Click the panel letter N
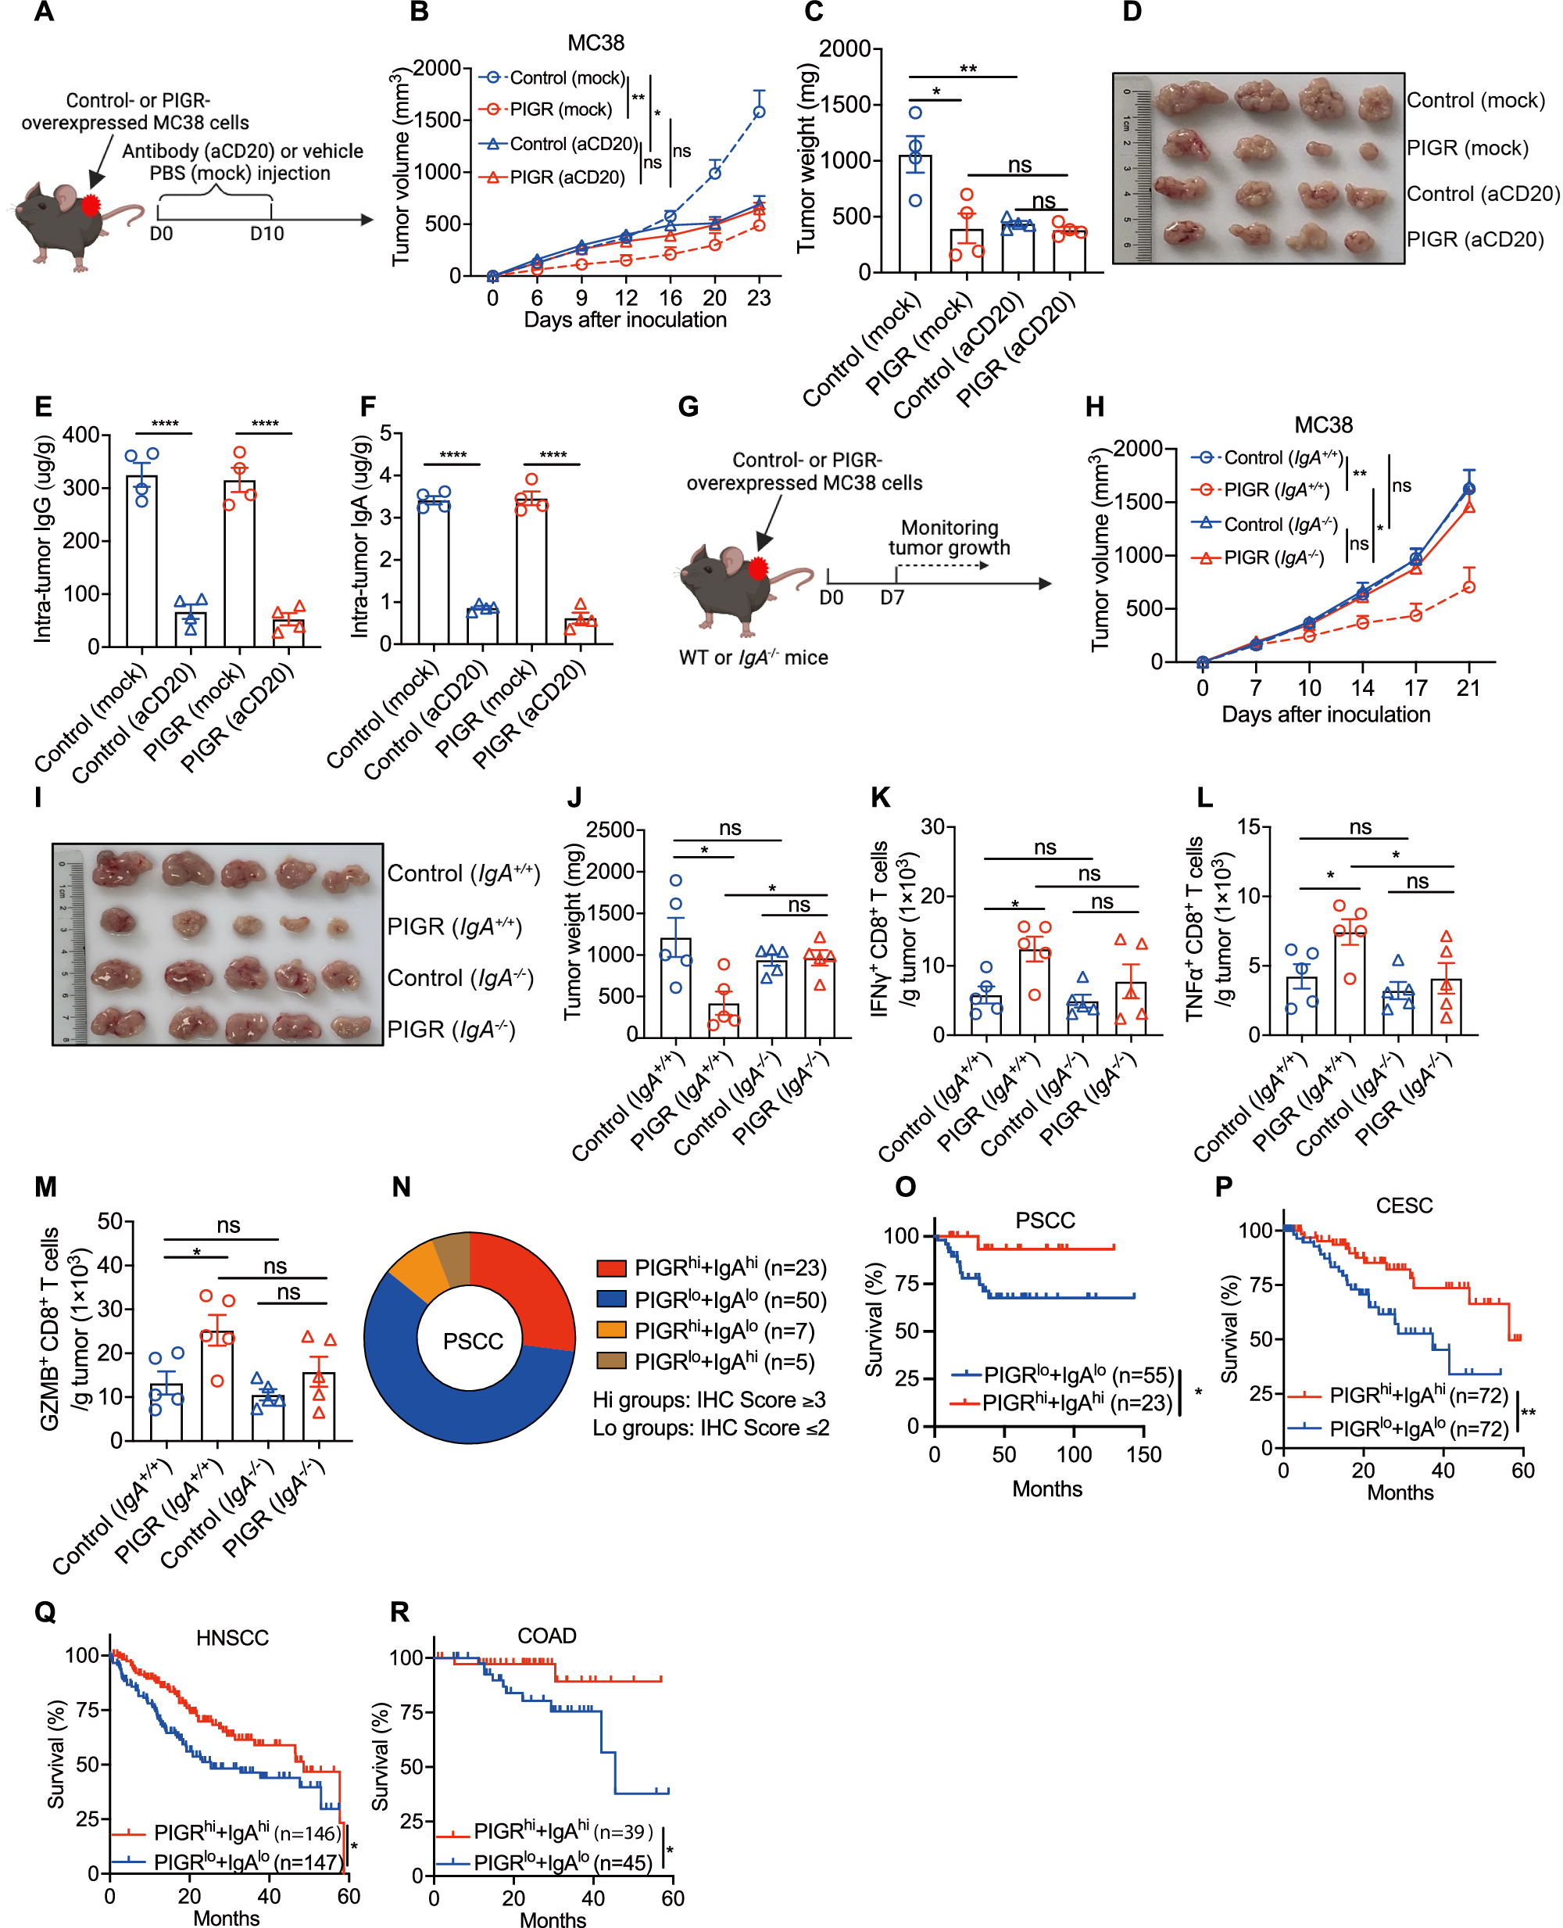click(401, 1187)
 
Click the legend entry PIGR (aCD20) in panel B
click(567, 177)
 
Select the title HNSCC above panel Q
click(232, 1637)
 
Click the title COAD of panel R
click(546, 1636)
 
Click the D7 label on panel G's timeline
click(892, 597)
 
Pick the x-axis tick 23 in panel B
click(759, 298)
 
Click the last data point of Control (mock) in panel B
click(759, 112)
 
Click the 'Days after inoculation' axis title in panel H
click(1325, 714)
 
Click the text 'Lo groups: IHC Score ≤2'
click(710, 1428)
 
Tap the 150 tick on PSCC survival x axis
click(1143, 1454)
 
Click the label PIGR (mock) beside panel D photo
click(1467, 148)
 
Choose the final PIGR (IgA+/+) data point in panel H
click(1468, 587)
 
